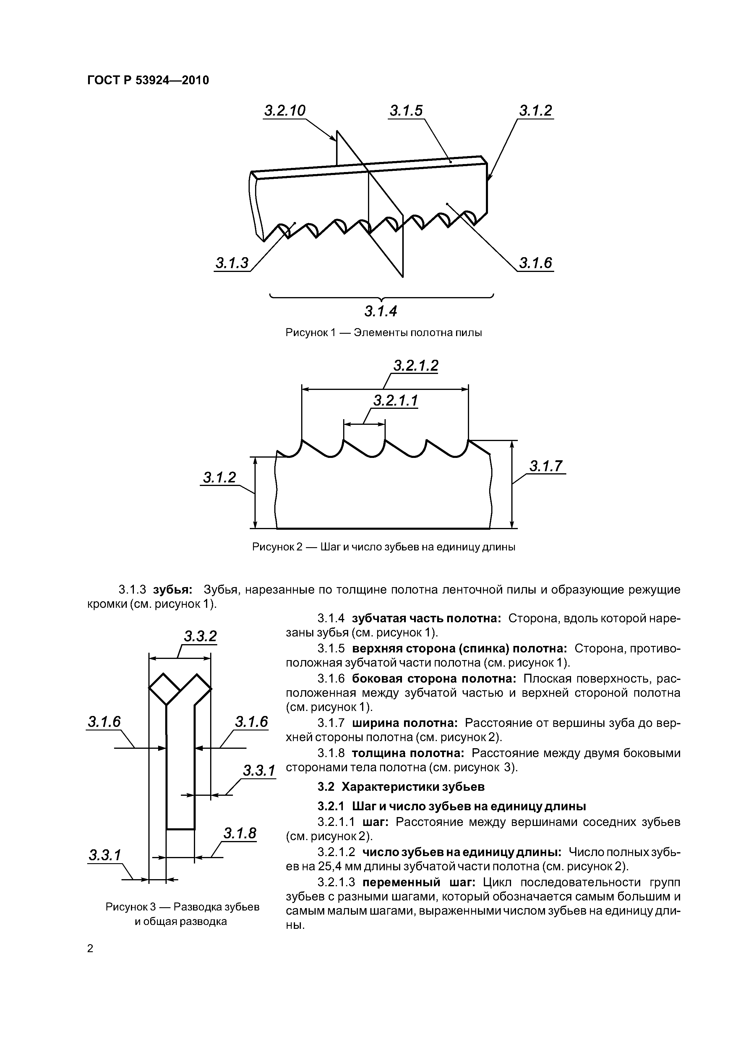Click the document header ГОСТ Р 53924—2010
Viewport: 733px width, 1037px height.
click(148, 80)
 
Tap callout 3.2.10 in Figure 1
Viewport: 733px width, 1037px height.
click(285, 111)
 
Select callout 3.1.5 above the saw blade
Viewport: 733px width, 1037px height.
click(406, 111)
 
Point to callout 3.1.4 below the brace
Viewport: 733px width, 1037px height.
click(380, 311)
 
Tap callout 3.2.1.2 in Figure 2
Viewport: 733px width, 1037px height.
click(416, 366)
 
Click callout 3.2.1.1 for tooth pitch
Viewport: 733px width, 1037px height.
click(395, 401)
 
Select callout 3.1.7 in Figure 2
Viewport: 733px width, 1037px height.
click(547, 466)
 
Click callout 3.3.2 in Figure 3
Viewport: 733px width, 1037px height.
click(200, 636)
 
